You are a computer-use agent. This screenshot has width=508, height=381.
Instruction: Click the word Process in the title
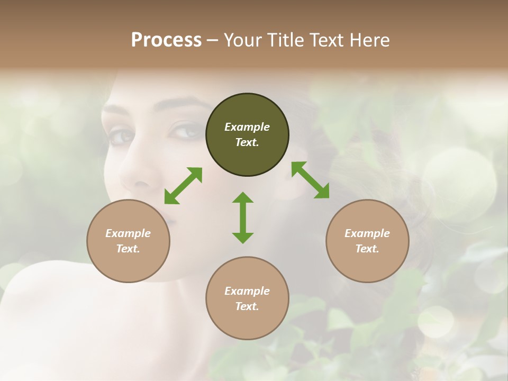(166, 40)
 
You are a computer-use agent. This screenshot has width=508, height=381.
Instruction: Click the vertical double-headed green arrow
(243, 217)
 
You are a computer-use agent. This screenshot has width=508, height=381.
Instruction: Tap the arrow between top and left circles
(183, 186)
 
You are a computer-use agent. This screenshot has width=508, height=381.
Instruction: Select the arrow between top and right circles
(310, 180)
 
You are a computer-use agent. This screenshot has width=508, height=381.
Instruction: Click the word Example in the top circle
(247, 127)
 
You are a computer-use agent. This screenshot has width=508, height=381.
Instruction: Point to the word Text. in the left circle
(128, 249)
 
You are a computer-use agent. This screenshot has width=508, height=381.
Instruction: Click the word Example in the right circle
(367, 233)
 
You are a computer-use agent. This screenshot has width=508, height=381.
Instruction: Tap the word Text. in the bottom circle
(247, 306)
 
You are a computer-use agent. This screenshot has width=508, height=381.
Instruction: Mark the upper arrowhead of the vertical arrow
(243, 198)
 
